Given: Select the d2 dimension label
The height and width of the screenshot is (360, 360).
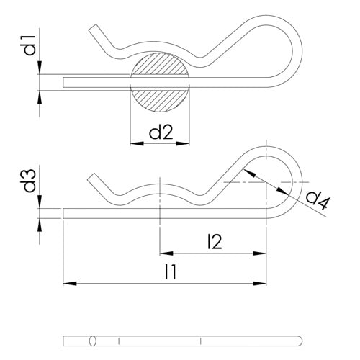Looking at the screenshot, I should coord(160,132).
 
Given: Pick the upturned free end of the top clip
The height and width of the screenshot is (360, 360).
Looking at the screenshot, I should coord(94,30).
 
